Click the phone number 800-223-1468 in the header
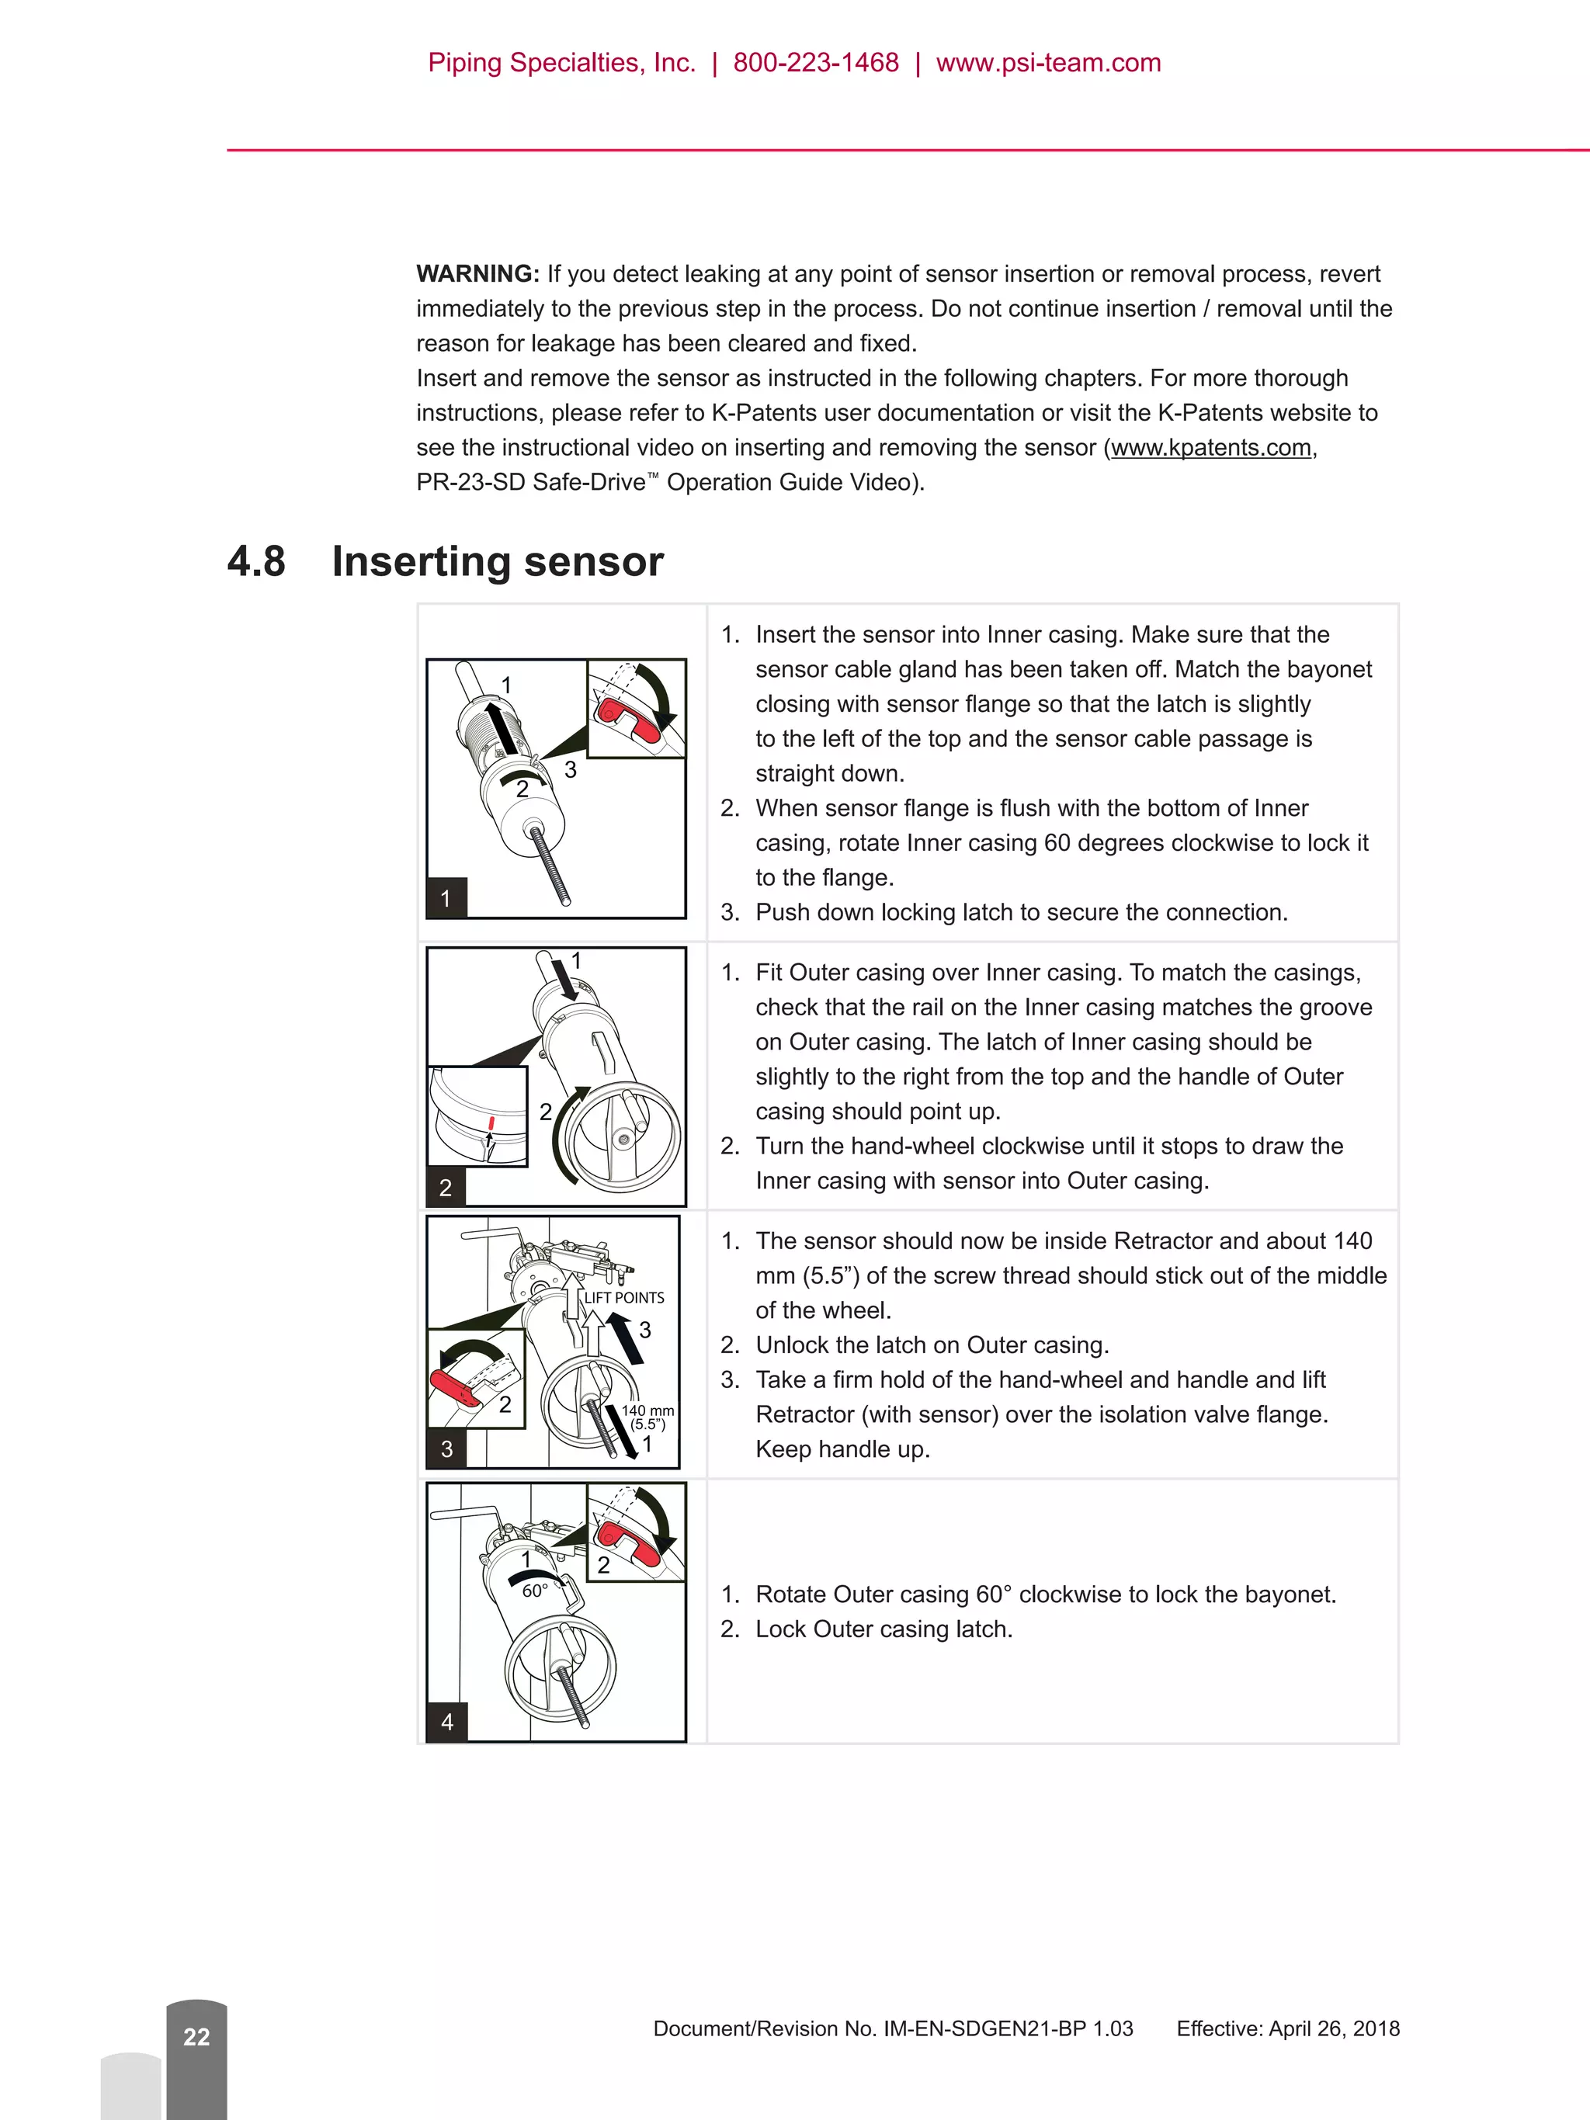click(816, 63)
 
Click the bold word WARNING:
click(477, 274)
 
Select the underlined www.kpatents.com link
click(1210, 448)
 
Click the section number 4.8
click(256, 561)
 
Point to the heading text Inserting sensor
click(498, 561)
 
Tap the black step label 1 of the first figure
click(446, 898)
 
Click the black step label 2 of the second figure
click(446, 1188)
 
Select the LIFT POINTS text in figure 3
click(624, 1298)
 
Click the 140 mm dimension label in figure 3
click(648, 1410)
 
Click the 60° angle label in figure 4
click(535, 1591)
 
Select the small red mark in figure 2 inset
click(491, 1123)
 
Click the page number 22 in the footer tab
click(196, 2037)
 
